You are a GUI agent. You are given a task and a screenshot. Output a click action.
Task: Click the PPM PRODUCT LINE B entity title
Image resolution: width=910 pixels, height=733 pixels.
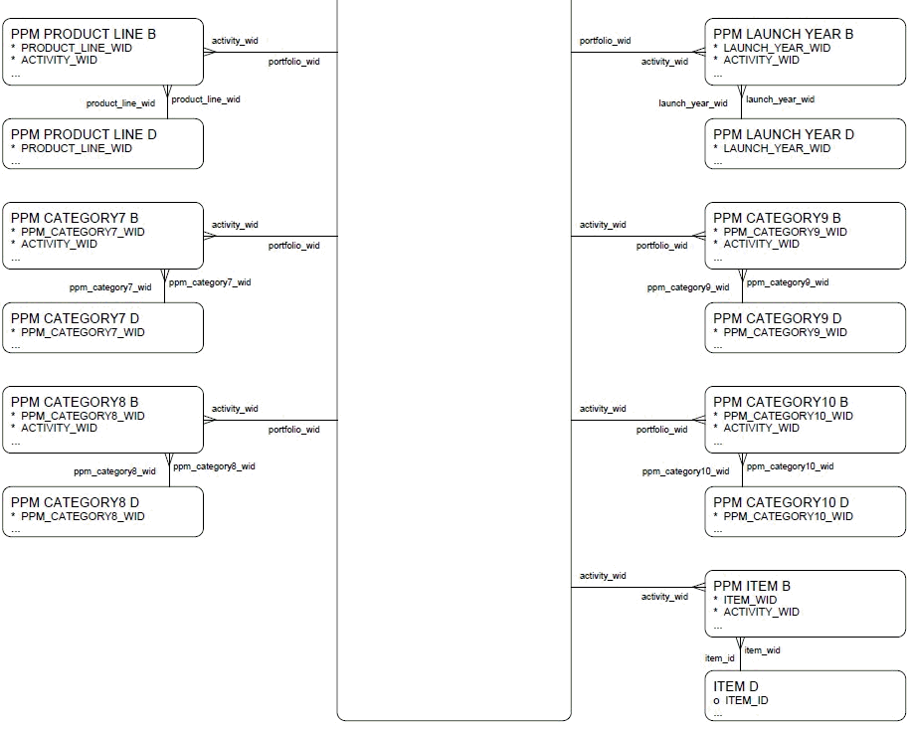(x=84, y=34)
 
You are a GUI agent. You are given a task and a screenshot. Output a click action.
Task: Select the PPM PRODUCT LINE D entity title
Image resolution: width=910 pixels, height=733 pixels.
(x=84, y=134)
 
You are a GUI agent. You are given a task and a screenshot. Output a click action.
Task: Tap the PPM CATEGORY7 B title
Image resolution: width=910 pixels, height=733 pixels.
(x=75, y=218)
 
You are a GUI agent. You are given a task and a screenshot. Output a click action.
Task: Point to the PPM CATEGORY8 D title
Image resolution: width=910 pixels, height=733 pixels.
(x=75, y=502)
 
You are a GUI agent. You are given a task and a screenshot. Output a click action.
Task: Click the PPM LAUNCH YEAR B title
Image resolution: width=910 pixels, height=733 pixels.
(x=783, y=34)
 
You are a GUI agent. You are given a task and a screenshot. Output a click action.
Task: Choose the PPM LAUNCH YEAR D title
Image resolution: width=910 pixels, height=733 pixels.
(x=783, y=134)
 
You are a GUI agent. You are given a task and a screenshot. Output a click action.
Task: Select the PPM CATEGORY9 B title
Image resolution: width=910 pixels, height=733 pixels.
(x=777, y=218)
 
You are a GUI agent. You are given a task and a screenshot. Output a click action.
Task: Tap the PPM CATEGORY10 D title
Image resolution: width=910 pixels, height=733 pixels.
(x=781, y=502)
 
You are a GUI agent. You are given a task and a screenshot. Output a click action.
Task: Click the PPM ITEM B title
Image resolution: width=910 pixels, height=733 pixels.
(x=752, y=587)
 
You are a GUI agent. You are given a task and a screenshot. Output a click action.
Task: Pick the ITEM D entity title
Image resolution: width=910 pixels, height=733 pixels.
(x=736, y=686)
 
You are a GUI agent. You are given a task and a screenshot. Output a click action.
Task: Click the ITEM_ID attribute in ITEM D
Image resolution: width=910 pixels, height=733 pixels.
(x=746, y=700)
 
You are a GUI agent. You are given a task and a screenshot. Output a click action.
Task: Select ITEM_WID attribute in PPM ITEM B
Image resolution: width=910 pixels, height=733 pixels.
(x=750, y=600)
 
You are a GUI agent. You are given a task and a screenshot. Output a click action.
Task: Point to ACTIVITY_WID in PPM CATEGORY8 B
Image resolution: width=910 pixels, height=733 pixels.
(x=60, y=428)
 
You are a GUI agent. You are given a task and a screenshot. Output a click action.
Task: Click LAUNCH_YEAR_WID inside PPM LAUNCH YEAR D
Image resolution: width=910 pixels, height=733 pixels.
(x=777, y=148)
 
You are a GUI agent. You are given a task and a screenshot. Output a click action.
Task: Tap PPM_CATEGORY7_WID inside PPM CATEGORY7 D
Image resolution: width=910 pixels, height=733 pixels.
(x=83, y=332)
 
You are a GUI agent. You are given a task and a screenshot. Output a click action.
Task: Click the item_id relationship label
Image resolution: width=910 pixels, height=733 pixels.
(x=719, y=658)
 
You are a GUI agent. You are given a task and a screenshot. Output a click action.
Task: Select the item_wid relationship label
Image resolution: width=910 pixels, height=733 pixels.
(x=762, y=650)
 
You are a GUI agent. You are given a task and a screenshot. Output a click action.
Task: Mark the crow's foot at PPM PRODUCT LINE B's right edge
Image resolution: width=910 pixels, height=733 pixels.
(x=209, y=52)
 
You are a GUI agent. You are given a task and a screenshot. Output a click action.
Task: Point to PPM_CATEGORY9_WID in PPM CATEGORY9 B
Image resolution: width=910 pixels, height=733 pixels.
(x=785, y=232)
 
